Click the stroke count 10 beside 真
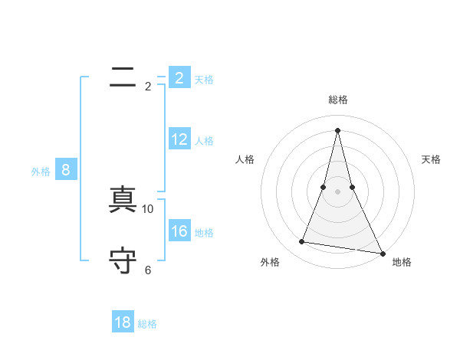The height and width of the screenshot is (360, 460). click(148, 208)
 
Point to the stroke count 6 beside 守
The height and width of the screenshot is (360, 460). click(148, 270)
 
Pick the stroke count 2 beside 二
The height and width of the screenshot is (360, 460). click(148, 87)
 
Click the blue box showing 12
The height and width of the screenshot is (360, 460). click(179, 139)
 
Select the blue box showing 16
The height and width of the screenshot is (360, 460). click(179, 231)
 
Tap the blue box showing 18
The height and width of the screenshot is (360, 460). click(123, 322)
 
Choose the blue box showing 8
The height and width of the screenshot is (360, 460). click(66, 170)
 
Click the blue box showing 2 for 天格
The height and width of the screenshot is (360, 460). click(179, 78)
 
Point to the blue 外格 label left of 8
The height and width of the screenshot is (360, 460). click(41, 172)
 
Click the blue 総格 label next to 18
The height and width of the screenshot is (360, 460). click(147, 324)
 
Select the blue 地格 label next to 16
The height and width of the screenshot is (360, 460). click(204, 232)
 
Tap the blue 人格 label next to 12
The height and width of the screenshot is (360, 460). click(204, 141)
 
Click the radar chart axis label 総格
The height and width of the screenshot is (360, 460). click(337, 100)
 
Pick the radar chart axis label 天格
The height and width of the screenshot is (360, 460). click(431, 159)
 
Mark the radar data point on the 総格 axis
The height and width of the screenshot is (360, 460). click(337, 129)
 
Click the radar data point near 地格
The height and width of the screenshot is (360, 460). click(382, 254)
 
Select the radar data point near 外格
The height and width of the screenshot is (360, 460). click(302, 242)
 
